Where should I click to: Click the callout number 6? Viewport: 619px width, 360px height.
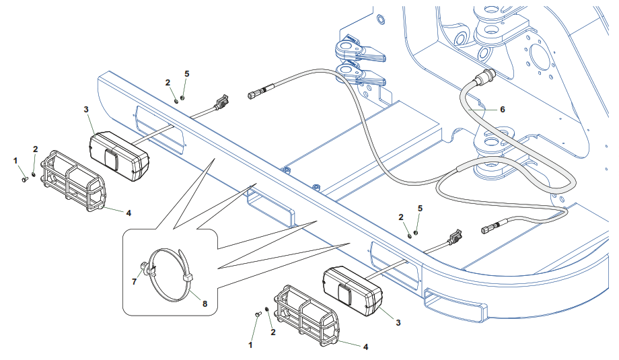coord(502,109)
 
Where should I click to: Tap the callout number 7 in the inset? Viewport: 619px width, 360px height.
coord(134,282)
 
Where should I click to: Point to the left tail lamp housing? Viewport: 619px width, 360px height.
coord(119,156)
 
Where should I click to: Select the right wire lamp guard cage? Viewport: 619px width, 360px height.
coord(306,314)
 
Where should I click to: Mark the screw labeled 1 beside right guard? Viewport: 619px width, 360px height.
coord(258,314)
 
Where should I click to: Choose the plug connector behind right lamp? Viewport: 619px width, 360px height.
coord(456,237)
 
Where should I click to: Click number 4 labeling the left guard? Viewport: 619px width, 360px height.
coord(128,213)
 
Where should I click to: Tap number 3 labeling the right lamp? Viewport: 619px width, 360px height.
coord(398,323)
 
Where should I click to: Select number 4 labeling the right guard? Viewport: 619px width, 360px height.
coord(365,347)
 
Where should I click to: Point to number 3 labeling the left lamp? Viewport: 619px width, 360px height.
coord(85,109)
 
